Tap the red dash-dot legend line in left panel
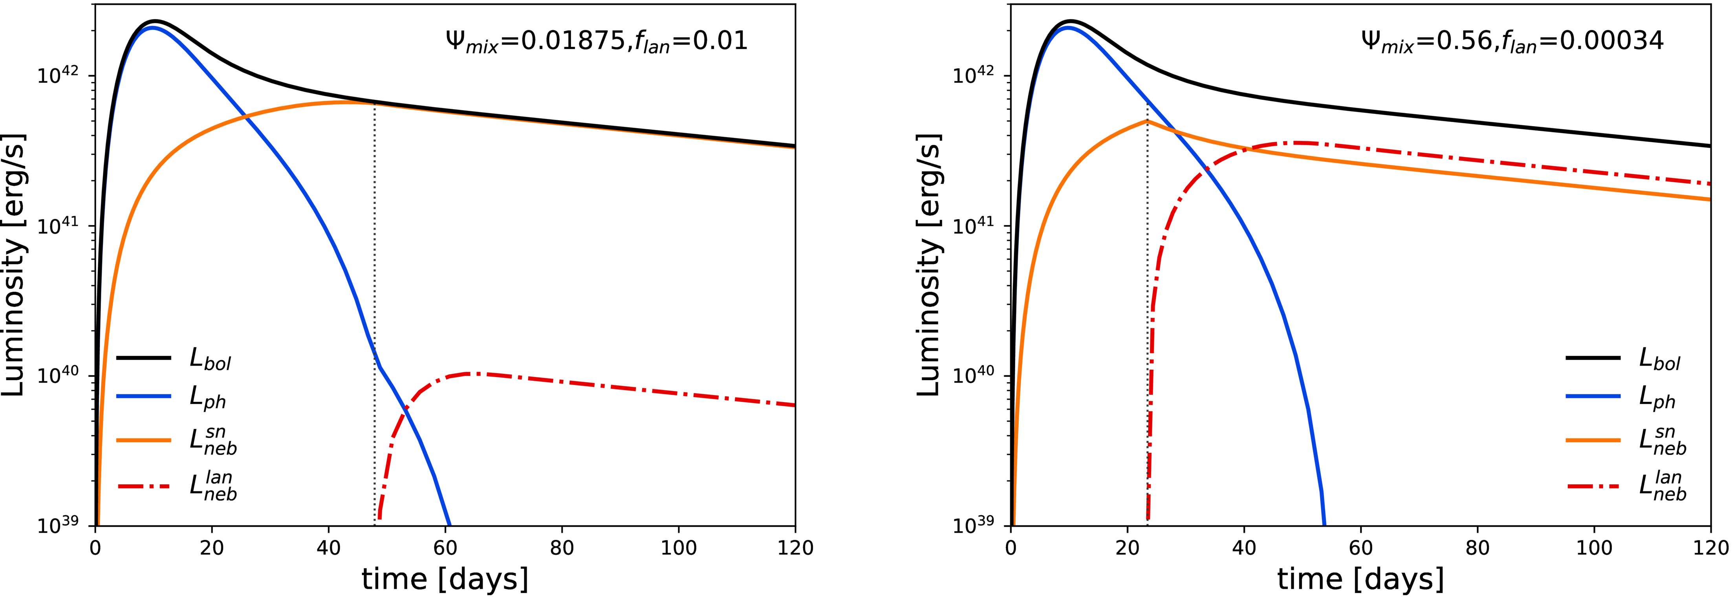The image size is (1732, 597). point(144,485)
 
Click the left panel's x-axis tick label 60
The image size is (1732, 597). point(445,548)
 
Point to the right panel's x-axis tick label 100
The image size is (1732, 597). point(1593,548)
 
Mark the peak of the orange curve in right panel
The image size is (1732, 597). point(1147,121)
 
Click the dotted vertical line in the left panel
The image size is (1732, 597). point(375,269)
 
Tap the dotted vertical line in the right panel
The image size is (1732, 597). point(1147,302)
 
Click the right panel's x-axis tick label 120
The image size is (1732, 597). point(1710,548)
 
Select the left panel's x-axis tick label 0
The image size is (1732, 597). point(95,548)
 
